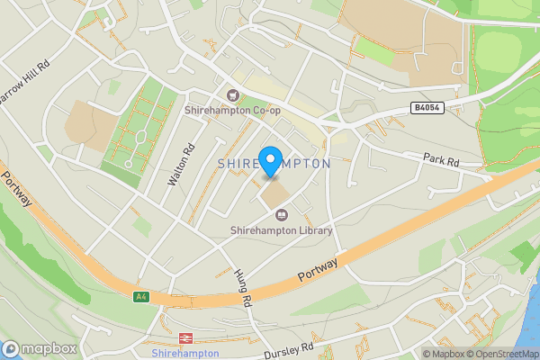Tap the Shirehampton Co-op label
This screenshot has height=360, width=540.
tap(231, 110)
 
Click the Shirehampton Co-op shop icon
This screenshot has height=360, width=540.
tap(232, 95)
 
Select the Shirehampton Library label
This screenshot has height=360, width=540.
tap(282, 230)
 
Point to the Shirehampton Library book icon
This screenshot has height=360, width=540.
tap(281, 216)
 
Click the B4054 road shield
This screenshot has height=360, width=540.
tap(427, 108)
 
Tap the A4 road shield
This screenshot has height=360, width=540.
tap(140, 296)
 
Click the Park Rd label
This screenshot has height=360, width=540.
tap(441, 160)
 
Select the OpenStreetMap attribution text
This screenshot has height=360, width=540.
tap(502, 354)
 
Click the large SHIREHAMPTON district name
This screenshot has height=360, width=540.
tap(274, 164)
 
